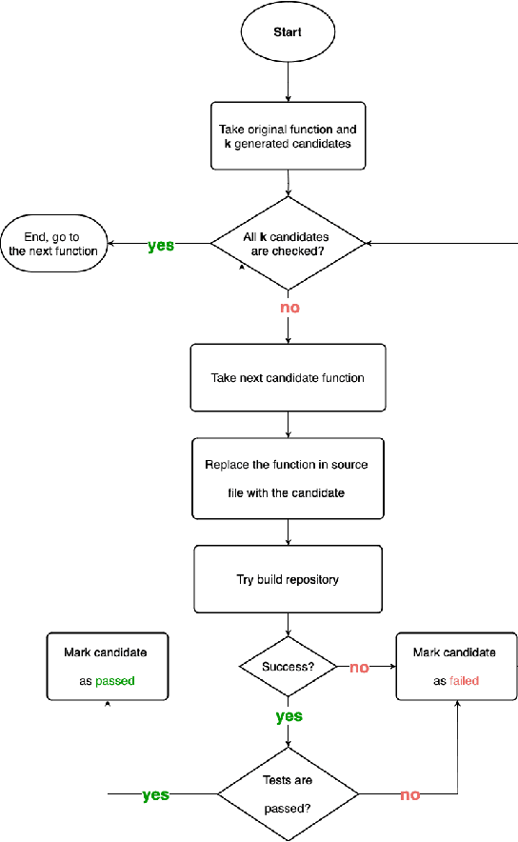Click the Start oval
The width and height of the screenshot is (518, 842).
(x=288, y=31)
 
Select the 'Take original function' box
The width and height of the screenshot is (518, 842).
(x=288, y=135)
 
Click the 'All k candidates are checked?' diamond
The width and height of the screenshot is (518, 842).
(x=288, y=244)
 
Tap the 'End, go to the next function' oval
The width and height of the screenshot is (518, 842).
(x=53, y=244)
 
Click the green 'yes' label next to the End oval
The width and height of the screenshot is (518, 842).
(x=161, y=245)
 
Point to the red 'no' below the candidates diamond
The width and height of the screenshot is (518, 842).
(x=289, y=308)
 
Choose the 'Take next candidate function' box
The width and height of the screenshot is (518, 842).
(x=288, y=377)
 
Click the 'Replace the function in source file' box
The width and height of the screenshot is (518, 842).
(x=288, y=479)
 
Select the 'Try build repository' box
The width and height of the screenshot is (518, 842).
(x=288, y=579)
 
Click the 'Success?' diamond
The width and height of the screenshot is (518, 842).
(x=288, y=667)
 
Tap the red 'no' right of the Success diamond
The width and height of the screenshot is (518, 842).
(x=359, y=668)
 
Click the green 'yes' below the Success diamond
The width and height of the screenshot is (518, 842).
(x=289, y=716)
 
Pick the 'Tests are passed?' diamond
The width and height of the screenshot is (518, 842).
(x=289, y=793)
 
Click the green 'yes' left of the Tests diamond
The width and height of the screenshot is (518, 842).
(x=155, y=794)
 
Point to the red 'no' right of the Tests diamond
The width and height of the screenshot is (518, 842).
(x=410, y=794)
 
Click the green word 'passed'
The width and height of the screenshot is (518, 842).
(x=115, y=681)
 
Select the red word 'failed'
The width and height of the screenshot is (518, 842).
(x=464, y=681)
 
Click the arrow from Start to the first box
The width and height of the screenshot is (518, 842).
(x=288, y=81)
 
